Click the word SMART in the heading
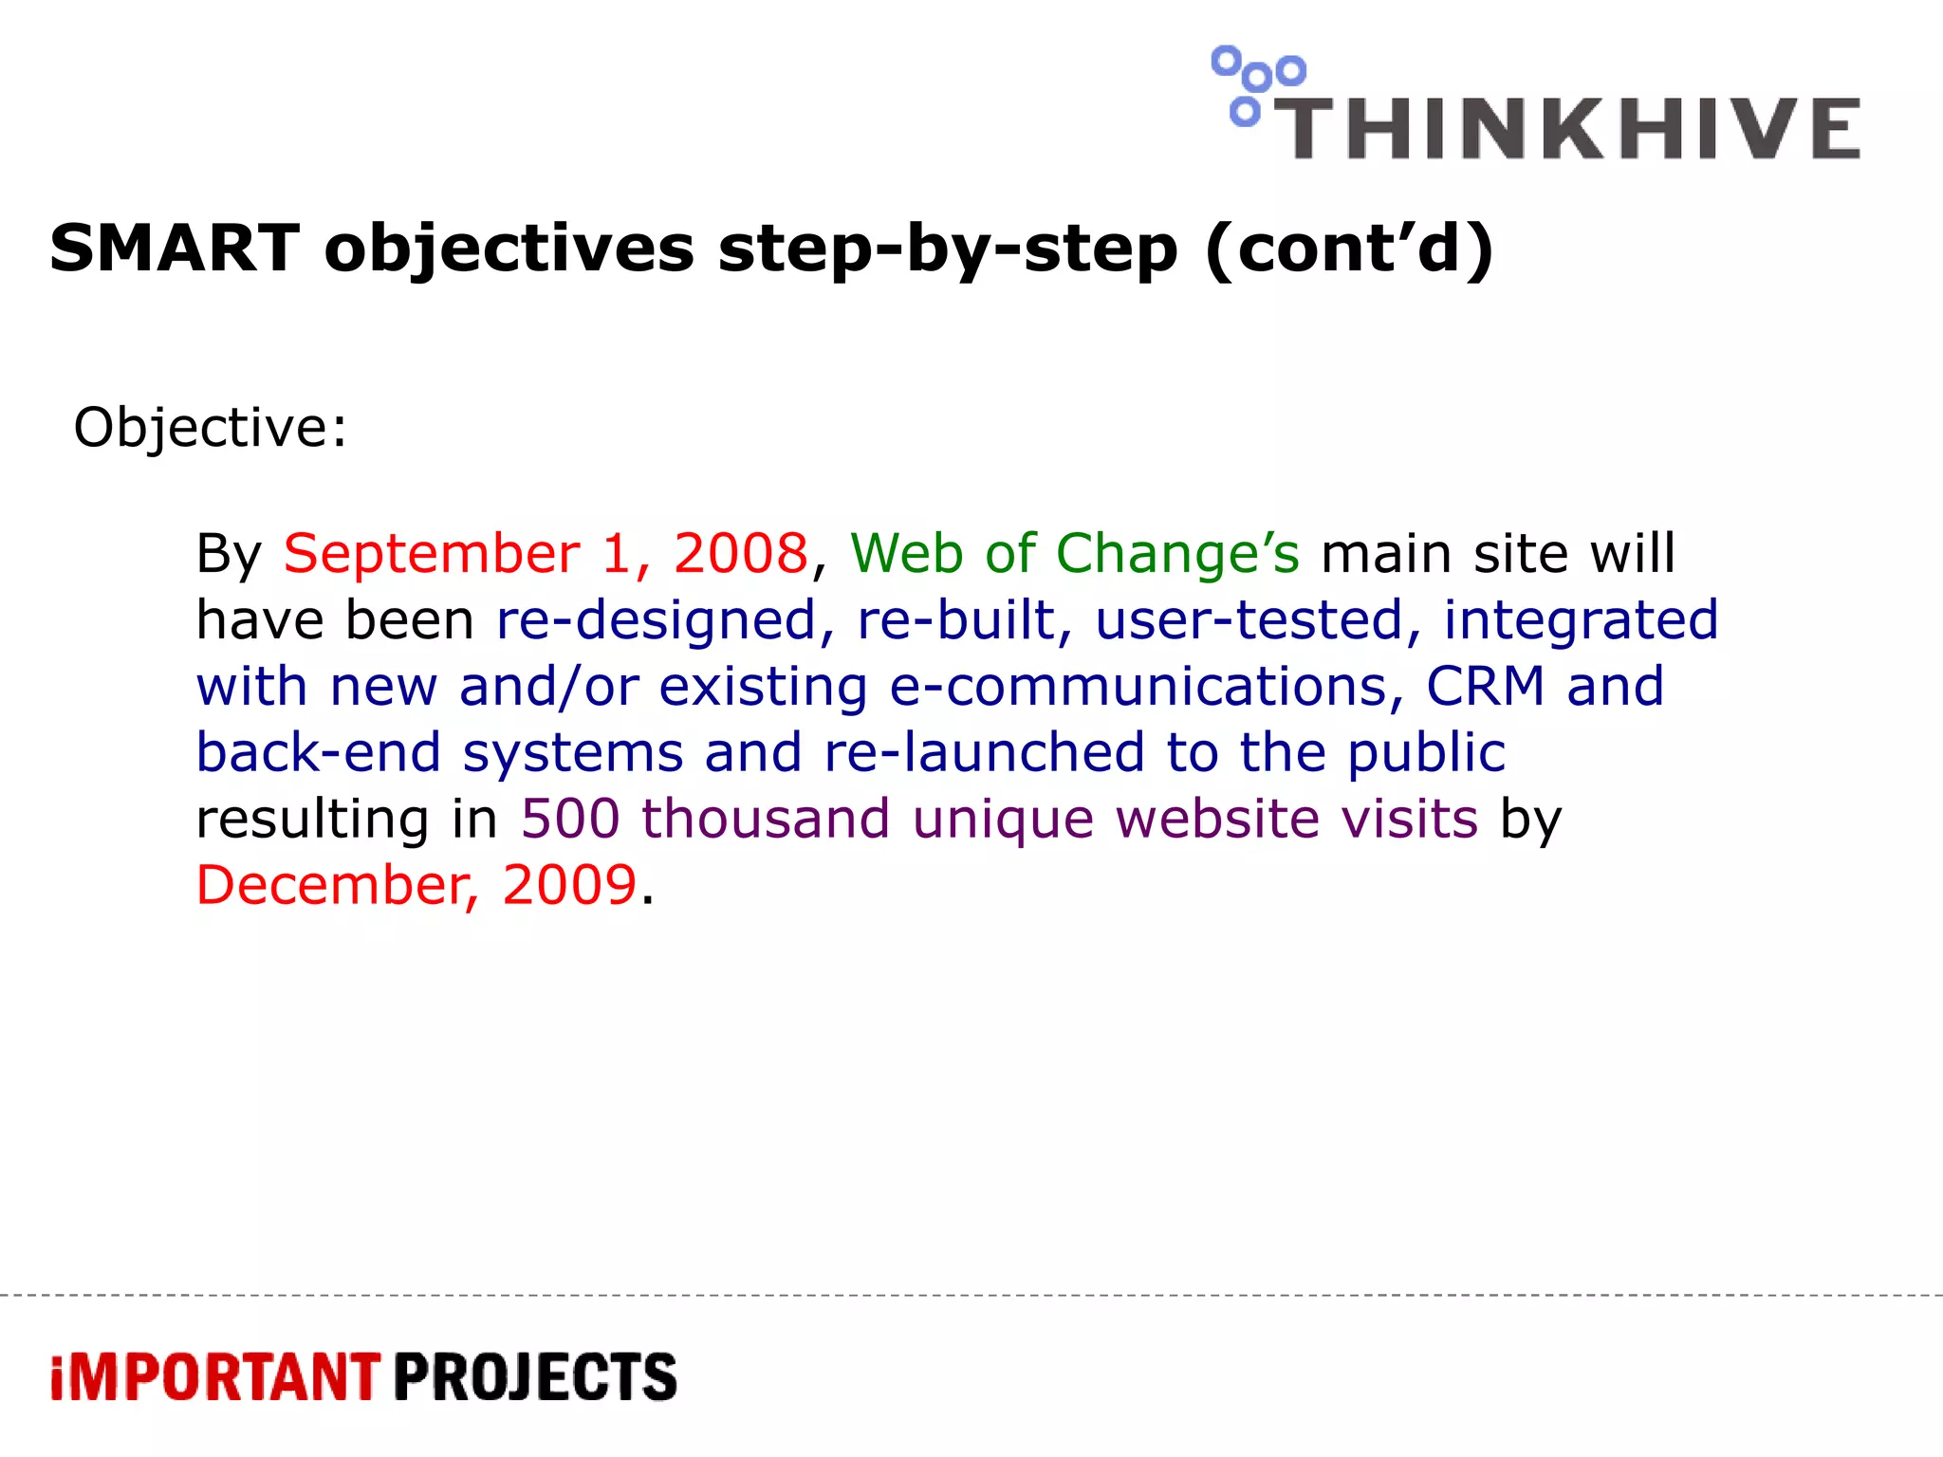coord(175,249)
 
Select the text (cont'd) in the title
coord(1349,249)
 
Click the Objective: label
coord(211,428)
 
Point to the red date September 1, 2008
coord(546,553)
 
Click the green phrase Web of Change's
coord(1075,553)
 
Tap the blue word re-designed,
coord(665,620)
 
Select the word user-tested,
coord(1258,620)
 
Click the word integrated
coord(1581,620)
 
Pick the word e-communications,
coord(1146,687)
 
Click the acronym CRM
coord(1485,687)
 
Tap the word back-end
coord(319,753)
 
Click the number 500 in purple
coord(570,819)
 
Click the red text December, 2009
coord(416,885)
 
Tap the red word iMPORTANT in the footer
coord(215,1378)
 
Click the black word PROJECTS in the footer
coord(535,1378)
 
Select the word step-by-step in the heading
coord(948,249)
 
